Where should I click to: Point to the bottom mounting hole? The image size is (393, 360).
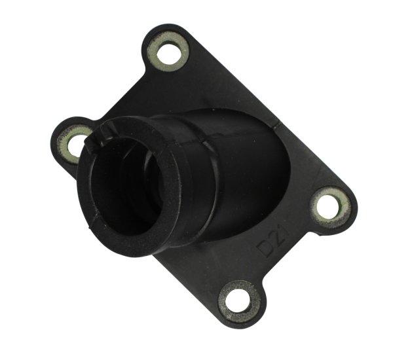click(x=238, y=300)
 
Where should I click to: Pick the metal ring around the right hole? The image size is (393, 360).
click(x=345, y=207)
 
